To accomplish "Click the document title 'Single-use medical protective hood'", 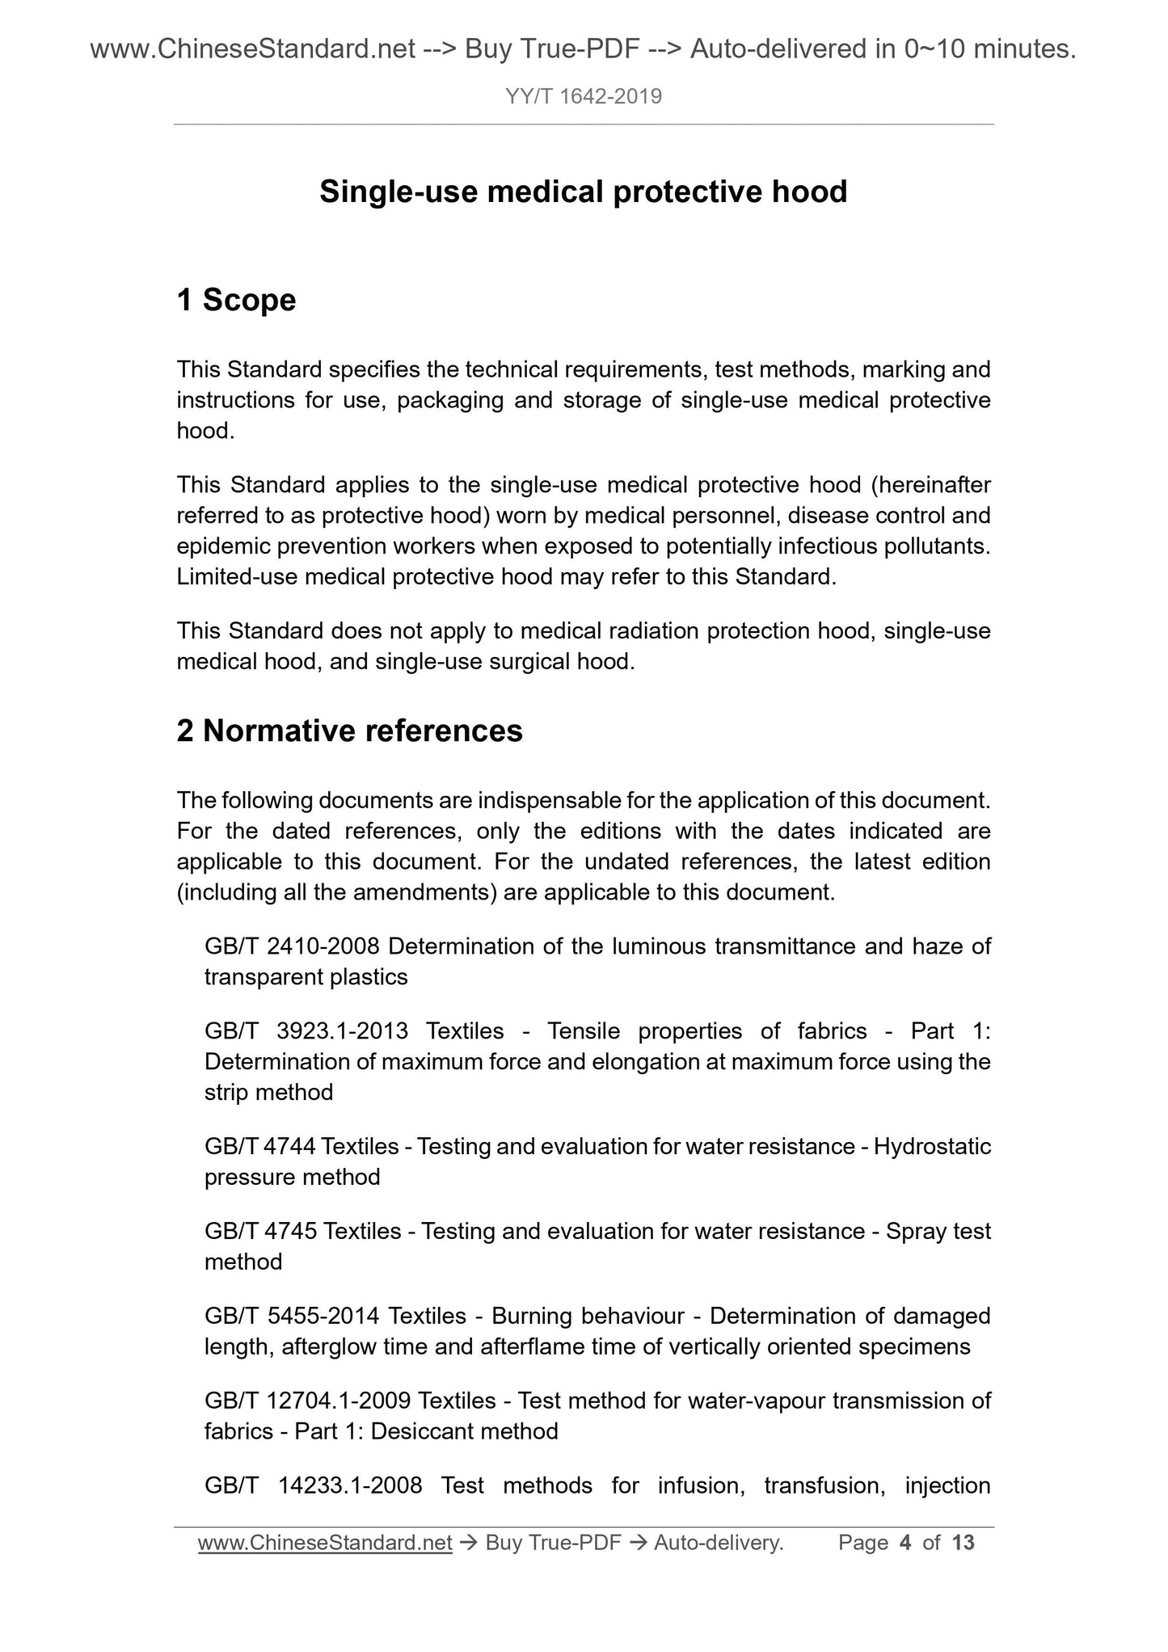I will point(583,192).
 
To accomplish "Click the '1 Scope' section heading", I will point(236,300).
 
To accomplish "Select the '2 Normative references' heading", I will point(349,731).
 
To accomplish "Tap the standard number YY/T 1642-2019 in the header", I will point(584,97).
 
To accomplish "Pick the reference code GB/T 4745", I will point(260,1231).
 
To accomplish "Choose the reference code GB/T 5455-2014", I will point(292,1316).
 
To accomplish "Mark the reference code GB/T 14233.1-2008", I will point(314,1485).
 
